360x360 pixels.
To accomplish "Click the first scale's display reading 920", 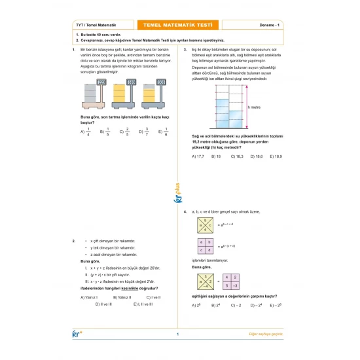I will tap(101, 82).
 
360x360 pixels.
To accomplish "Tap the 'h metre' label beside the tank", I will tap(255, 107).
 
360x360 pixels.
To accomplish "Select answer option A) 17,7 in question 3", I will tap(198, 156).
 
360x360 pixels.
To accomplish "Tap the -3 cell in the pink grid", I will tap(236, 285).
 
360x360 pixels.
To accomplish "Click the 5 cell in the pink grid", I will tap(226, 285).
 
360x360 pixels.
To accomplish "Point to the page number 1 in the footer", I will tap(177, 334).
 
